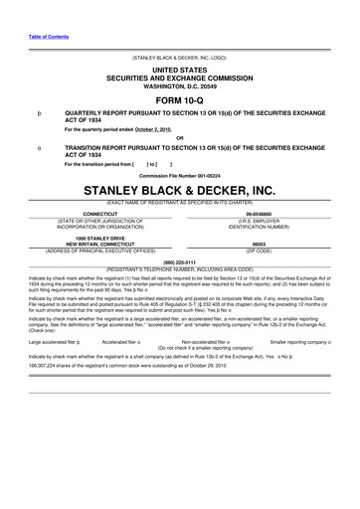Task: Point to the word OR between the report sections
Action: click(179, 138)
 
